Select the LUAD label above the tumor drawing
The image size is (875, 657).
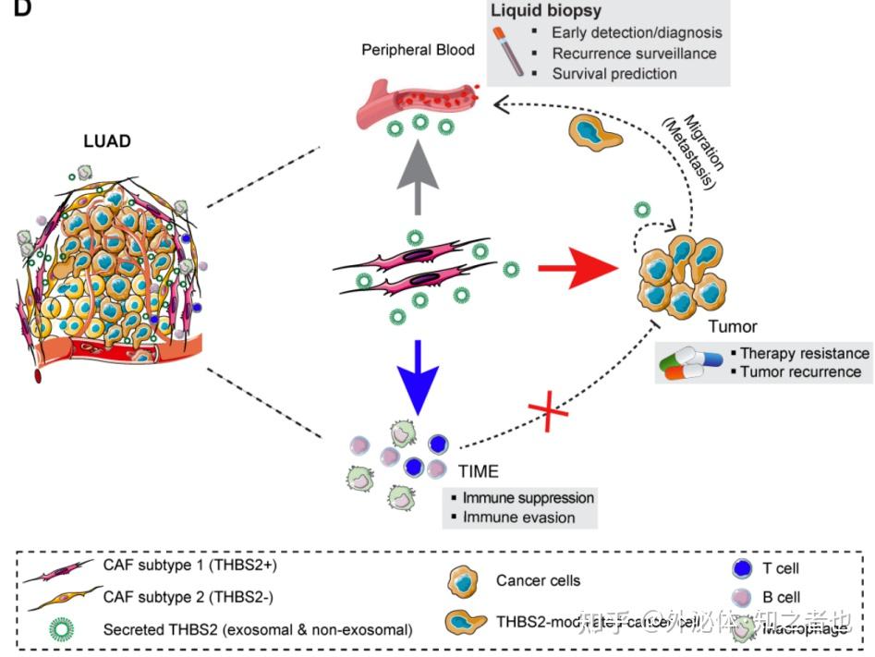click(107, 141)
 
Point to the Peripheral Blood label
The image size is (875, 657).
click(418, 49)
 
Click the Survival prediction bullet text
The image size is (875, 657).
click(614, 73)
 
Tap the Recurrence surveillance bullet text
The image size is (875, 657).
click(634, 53)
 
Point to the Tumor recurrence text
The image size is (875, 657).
click(800, 372)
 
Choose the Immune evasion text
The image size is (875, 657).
click(518, 517)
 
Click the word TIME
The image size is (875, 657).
click(478, 471)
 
